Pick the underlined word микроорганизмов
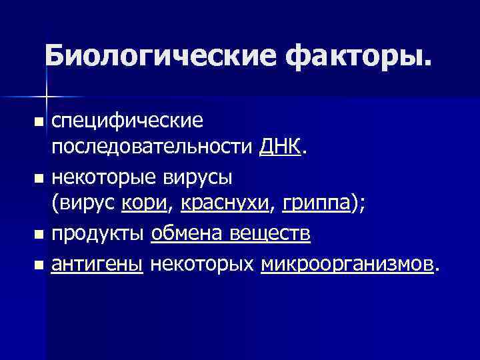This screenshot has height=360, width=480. click(347, 265)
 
